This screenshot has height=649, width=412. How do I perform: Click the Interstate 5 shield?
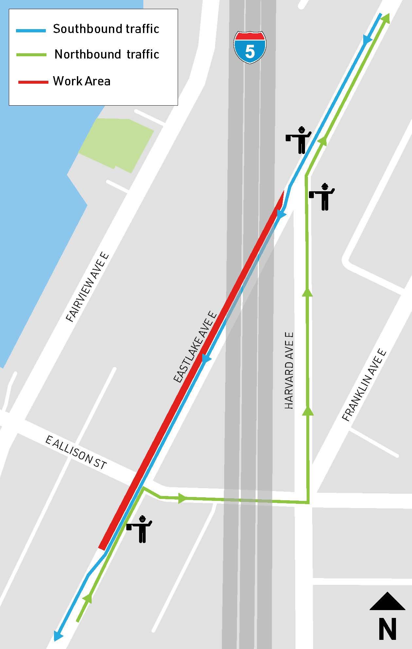click(250, 47)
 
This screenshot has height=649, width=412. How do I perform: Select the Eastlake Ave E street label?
click(195, 347)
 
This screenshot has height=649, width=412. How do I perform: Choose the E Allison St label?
click(76, 453)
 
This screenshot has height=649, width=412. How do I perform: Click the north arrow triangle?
click(387, 601)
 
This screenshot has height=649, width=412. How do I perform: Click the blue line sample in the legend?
click(31, 30)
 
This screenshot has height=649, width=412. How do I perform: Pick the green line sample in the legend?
click(31, 55)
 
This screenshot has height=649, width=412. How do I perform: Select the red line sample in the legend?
click(33, 82)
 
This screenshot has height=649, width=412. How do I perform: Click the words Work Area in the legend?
click(82, 81)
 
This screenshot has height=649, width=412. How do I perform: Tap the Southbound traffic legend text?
click(106, 29)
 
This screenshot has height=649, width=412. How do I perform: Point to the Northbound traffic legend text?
click(107, 54)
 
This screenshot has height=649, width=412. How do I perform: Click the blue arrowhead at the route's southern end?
click(58, 635)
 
